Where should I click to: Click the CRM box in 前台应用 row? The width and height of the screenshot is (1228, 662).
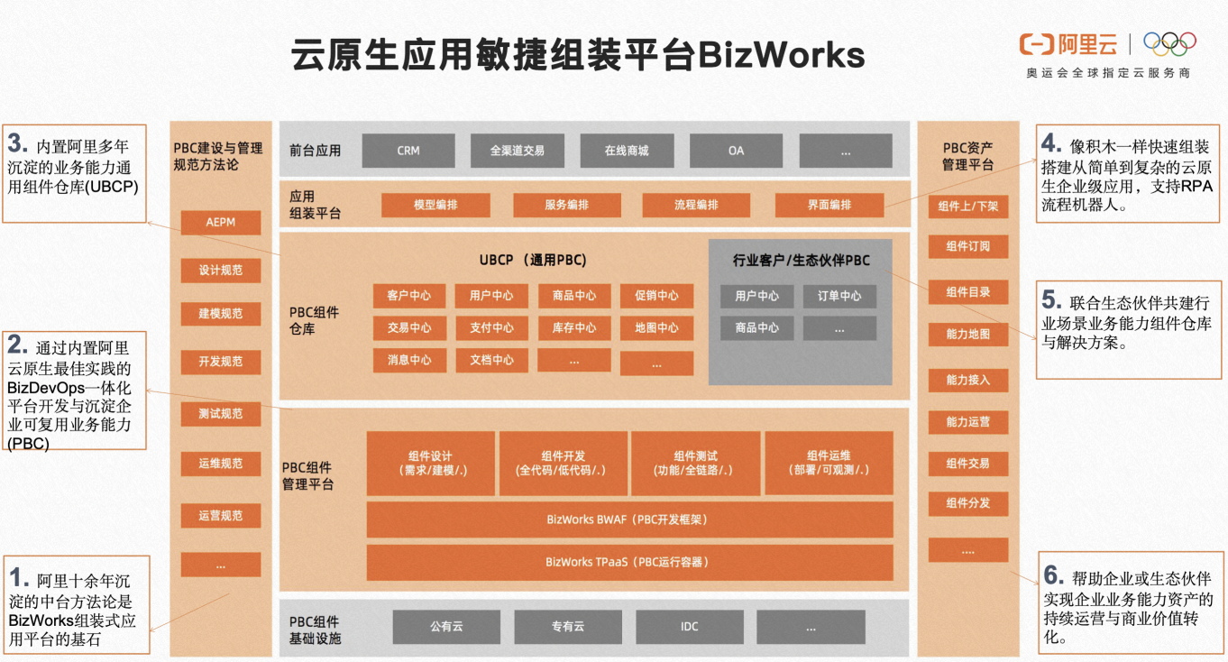click(408, 151)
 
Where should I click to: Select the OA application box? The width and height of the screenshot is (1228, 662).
click(736, 151)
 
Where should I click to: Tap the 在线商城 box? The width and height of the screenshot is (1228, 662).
click(627, 151)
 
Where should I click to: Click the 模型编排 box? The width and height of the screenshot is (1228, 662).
click(435, 205)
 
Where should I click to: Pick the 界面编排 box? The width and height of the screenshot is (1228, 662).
click(829, 205)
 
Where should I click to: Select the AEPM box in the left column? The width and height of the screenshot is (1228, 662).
click(220, 223)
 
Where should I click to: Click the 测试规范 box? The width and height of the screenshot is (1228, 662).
click(220, 414)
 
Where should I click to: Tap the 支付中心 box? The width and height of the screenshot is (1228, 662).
click(491, 328)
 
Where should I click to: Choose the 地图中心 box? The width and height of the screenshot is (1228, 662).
click(656, 328)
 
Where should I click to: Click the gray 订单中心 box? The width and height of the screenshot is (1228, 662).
click(839, 296)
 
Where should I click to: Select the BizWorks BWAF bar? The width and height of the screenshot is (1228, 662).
click(629, 519)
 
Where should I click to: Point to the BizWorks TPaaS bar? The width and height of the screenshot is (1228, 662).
click(629, 562)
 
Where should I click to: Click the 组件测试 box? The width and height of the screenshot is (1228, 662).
click(696, 463)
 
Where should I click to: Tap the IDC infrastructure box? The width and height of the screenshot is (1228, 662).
click(690, 627)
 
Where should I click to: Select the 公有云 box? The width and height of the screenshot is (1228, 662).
click(446, 627)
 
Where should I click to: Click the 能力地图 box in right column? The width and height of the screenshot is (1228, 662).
click(967, 335)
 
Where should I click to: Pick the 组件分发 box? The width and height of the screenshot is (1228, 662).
click(967, 503)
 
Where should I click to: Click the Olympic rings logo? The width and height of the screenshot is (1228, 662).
click(1169, 43)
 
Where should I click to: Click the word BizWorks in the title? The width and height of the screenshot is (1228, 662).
click(781, 56)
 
